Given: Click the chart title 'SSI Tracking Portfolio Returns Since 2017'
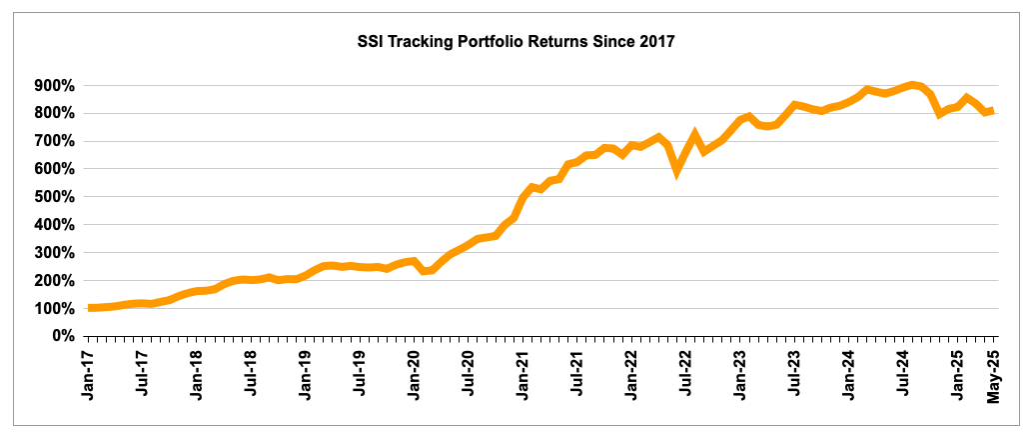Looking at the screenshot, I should coord(515,42).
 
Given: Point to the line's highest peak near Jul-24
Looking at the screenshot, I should coord(912,85).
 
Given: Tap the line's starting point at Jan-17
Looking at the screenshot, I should coord(92,308).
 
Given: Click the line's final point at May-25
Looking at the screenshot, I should coord(991,111).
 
